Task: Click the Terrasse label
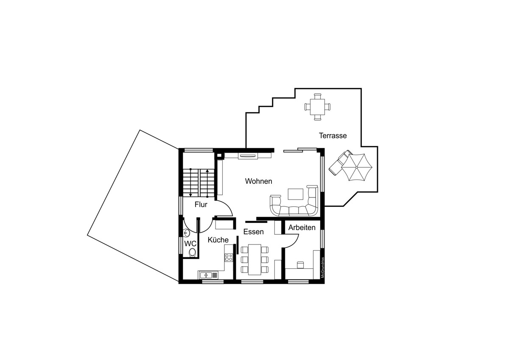333,135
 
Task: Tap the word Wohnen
259,181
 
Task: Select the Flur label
201,205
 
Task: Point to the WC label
190,244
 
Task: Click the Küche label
218,240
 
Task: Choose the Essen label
254,232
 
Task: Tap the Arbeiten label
302,228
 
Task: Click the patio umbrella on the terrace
357,167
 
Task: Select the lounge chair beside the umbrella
338,163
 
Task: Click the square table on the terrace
317,107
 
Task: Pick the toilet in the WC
193,252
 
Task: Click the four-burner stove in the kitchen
229,257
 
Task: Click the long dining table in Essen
255,259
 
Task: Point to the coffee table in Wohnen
296,194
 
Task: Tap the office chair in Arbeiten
300,265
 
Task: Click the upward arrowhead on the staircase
207,171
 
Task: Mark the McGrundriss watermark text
322,267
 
